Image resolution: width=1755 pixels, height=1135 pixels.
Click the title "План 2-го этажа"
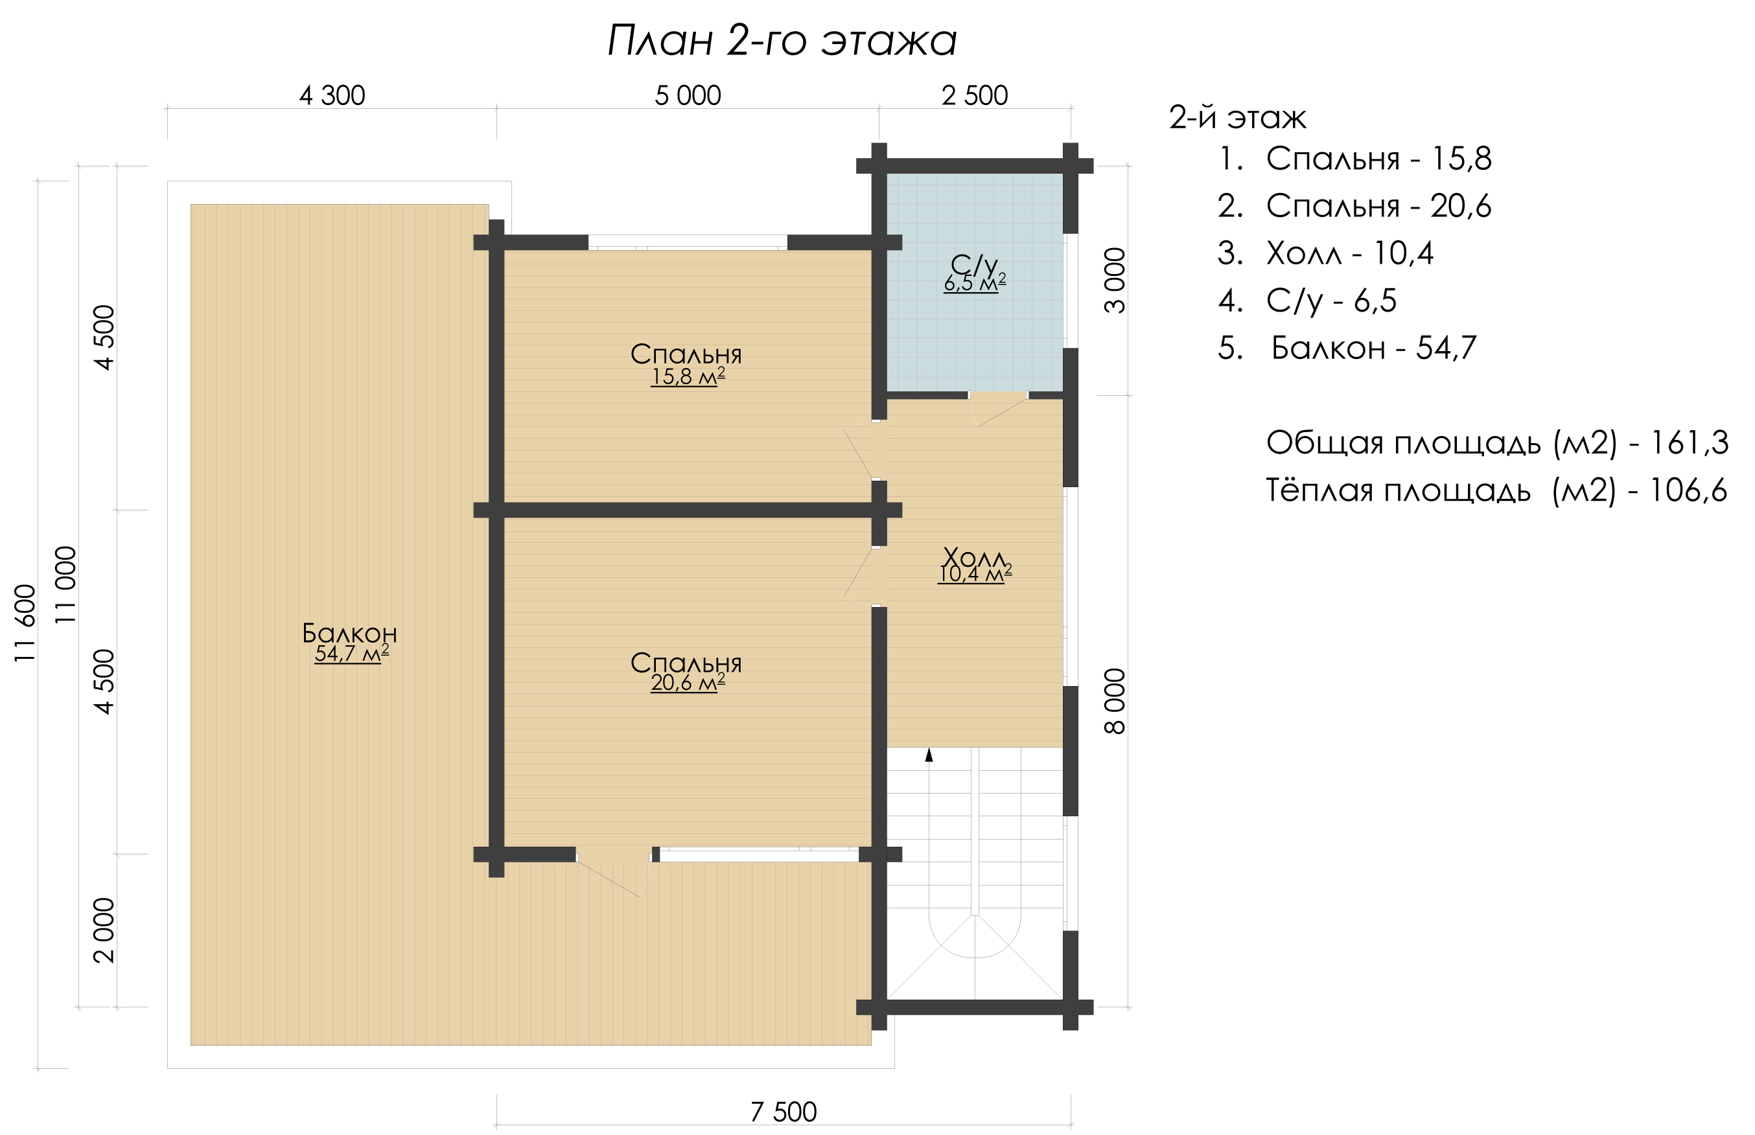pyautogui.click(x=782, y=41)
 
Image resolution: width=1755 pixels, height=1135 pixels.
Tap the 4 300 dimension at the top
pyautogui.click(x=332, y=96)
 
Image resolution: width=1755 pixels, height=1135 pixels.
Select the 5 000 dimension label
pyautogui.click(x=688, y=96)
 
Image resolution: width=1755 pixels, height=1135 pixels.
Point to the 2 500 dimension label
pyautogui.click(x=975, y=96)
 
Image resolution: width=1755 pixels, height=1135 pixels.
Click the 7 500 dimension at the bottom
pyautogui.click(x=784, y=1112)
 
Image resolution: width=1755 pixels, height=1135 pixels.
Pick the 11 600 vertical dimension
pyautogui.click(x=25, y=623)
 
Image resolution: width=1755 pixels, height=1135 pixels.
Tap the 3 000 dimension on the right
pyautogui.click(x=1115, y=281)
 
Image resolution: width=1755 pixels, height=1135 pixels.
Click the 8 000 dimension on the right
pyautogui.click(x=1115, y=702)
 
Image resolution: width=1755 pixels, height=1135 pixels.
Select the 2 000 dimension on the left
pyautogui.click(x=104, y=930)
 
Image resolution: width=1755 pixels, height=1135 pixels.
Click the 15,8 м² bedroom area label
pyautogui.click(x=687, y=377)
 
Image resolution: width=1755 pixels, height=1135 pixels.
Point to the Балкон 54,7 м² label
pyautogui.click(x=350, y=643)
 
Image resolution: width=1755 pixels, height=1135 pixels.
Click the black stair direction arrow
pyautogui.click(x=929, y=755)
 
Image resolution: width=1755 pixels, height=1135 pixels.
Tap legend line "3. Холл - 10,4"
pyautogui.click(x=1325, y=253)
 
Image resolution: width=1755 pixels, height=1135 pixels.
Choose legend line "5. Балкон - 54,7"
pyautogui.click(x=1347, y=348)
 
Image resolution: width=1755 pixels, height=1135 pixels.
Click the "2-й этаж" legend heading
pyautogui.click(x=1238, y=118)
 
